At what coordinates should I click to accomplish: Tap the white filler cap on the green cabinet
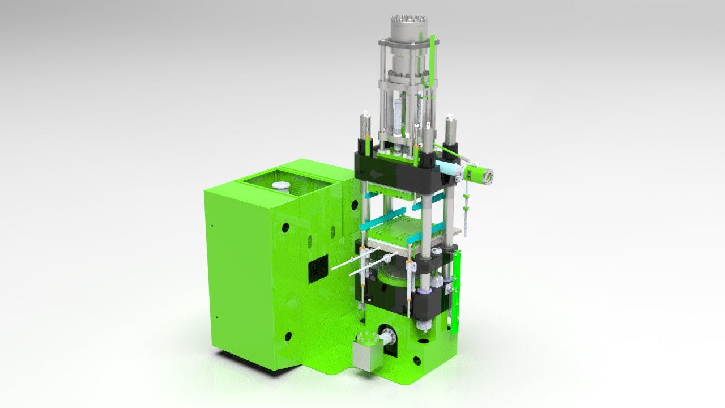tap(280, 186)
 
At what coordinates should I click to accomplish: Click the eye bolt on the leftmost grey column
tap(365, 114)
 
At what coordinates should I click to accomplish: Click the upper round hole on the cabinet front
tap(285, 228)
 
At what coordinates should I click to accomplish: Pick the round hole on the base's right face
tap(417, 360)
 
